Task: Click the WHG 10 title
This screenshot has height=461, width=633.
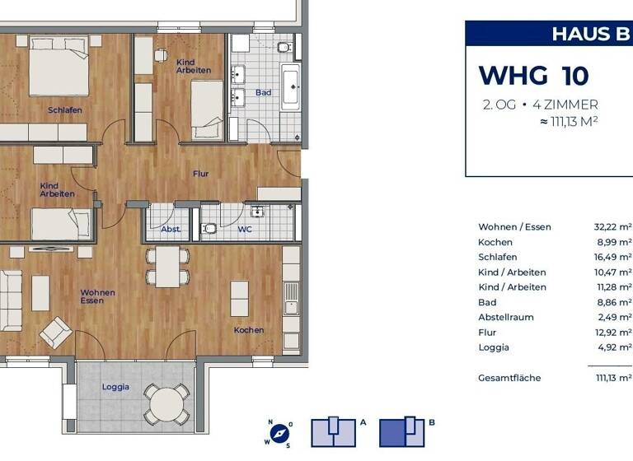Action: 533,76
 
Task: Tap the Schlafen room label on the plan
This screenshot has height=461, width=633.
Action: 65,110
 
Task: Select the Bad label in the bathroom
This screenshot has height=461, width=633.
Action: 263,93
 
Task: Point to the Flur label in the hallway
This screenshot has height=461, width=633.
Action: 200,174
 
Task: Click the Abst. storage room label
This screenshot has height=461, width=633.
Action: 171,230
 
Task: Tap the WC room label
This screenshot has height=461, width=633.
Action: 244,230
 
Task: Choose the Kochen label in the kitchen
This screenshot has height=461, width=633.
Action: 249,330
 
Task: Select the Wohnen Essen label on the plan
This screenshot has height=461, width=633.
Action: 97,297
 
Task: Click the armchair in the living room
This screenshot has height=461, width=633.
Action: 56,331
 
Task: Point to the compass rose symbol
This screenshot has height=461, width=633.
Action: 281,433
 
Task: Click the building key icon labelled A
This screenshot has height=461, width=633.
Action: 333,433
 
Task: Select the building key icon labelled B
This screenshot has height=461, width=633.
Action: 401,433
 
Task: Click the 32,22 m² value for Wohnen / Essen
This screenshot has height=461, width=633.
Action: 613,227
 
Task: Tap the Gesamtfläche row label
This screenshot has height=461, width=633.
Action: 509,378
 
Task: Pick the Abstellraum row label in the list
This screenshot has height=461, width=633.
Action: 505,317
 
